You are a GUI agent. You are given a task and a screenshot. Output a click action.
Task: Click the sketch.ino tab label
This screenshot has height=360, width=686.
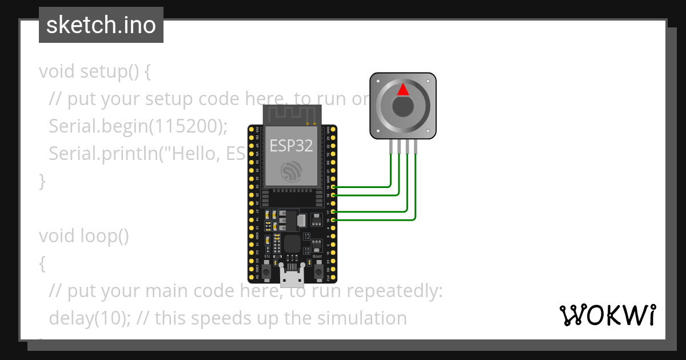pos(101,25)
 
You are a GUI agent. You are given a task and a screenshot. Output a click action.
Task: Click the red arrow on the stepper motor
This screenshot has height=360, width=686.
pos(403,90)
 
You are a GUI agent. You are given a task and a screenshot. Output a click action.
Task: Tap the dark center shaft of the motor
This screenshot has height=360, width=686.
pos(403,107)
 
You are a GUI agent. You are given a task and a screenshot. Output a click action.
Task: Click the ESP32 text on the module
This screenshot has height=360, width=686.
pos(292,145)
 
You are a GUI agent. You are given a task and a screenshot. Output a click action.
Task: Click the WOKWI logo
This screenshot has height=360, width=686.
pos(607,315)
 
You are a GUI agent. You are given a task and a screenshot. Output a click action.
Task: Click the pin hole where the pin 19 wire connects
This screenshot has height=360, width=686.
pos(333,187)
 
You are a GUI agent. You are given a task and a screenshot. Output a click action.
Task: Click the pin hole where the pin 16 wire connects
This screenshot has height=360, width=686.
pos(333,219)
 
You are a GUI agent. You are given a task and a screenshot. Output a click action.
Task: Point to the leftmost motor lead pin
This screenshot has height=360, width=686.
pos(390,147)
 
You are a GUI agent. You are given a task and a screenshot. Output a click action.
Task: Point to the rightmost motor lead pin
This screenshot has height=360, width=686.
pos(416,147)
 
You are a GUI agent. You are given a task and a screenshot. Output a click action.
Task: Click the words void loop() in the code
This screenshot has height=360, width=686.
pos(84,236)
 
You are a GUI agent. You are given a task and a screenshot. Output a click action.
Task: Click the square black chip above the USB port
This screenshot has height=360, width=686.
pos(292,243)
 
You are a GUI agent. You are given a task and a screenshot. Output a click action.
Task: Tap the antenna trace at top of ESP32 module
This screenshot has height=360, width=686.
pos(292,114)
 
